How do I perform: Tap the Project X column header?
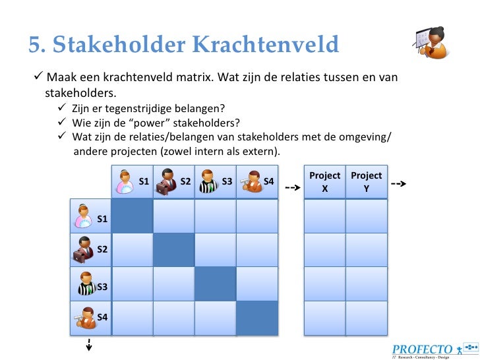[x=324, y=182]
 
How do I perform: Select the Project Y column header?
[x=366, y=182]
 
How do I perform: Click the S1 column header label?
[x=144, y=180]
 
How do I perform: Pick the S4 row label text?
[x=102, y=317]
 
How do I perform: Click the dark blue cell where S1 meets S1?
[x=132, y=215]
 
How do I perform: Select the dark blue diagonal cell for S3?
[x=215, y=284]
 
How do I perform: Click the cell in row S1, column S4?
[x=256, y=215]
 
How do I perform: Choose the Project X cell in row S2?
[x=324, y=250]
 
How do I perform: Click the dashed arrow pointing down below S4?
[x=88, y=346]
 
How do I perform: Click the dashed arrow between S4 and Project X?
[x=292, y=187]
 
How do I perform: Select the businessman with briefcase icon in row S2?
[x=84, y=250]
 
